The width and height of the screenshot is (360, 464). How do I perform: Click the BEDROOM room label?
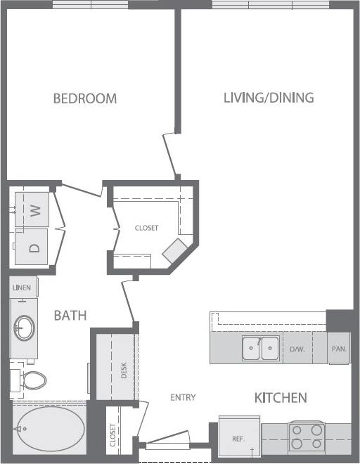(x=85, y=98)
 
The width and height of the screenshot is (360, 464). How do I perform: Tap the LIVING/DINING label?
(x=269, y=98)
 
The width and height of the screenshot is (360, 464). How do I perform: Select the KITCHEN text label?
(x=280, y=398)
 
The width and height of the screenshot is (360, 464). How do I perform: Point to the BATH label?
(x=70, y=316)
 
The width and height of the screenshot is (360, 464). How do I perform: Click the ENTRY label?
(x=183, y=398)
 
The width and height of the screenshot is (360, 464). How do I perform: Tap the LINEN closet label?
(x=22, y=287)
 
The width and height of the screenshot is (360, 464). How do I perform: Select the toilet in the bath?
(x=31, y=380)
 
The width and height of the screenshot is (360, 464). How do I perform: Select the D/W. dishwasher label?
(x=297, y=348)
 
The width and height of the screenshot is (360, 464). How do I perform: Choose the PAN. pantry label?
(x=337, y=348)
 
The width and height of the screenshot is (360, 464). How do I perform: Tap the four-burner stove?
(x=306, y=436)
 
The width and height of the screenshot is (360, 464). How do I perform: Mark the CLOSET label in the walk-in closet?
(x=147, y=228)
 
